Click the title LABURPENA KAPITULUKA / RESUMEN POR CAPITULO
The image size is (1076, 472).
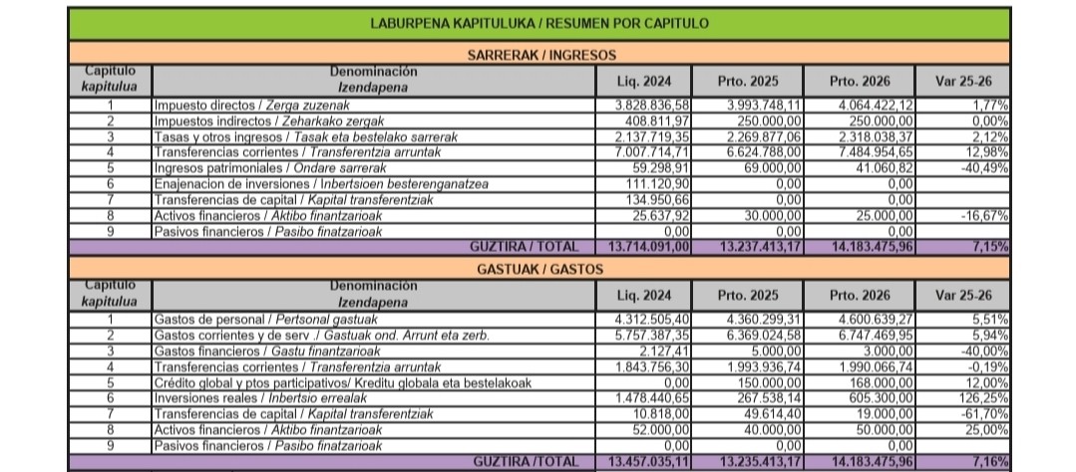[539, 22]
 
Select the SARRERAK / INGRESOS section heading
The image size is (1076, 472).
[539, 55]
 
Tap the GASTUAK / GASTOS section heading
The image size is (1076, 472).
[539, 269]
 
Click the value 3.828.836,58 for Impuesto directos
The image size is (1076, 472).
[652, 105]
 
